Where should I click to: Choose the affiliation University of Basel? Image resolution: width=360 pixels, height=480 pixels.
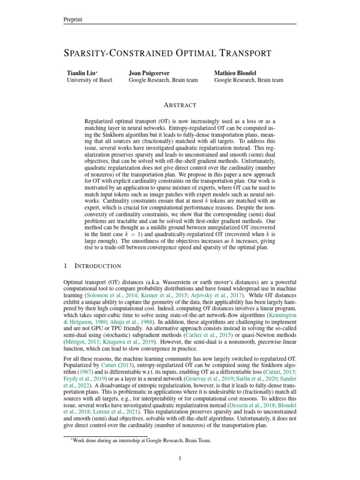90,80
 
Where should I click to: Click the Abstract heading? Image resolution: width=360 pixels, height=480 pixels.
180,105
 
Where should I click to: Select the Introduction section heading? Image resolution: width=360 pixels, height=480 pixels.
97,266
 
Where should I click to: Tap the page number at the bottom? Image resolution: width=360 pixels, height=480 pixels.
180,458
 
